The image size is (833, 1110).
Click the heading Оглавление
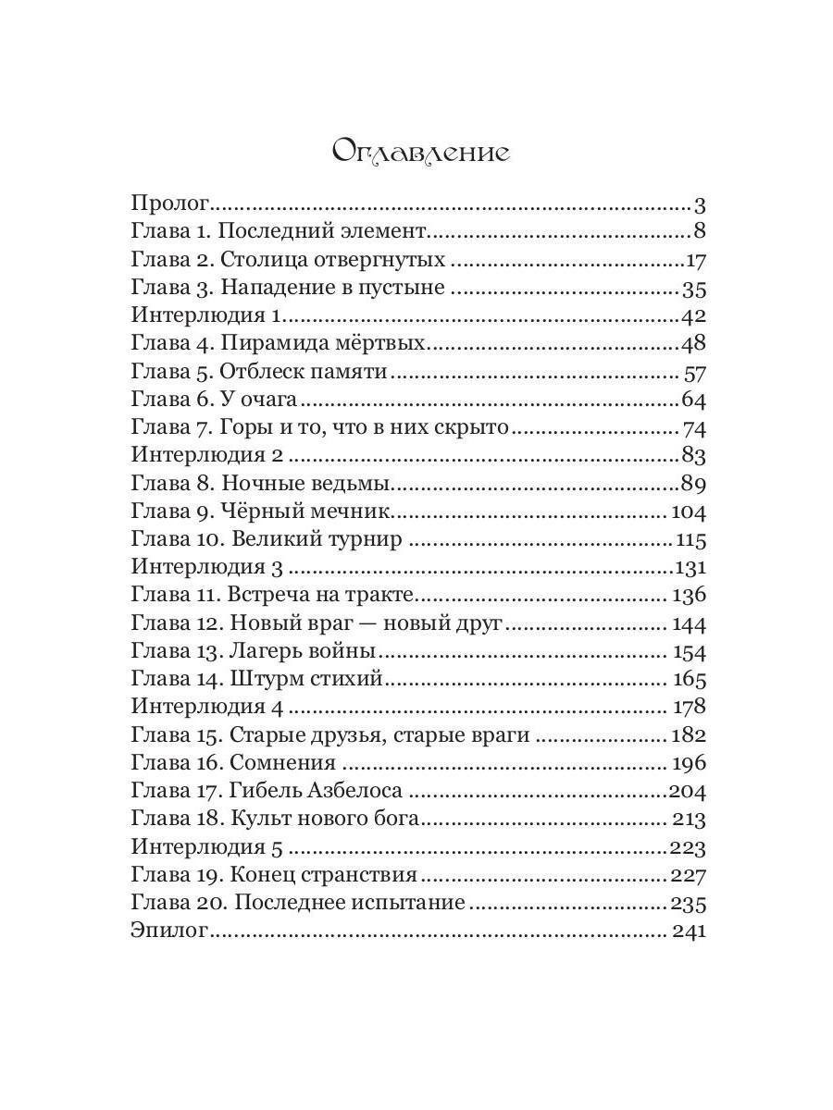click(420, 151)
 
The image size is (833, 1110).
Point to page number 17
click(696, 260)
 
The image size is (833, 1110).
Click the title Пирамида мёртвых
click(323, 343)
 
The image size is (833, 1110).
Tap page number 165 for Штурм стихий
click(690, 680)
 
